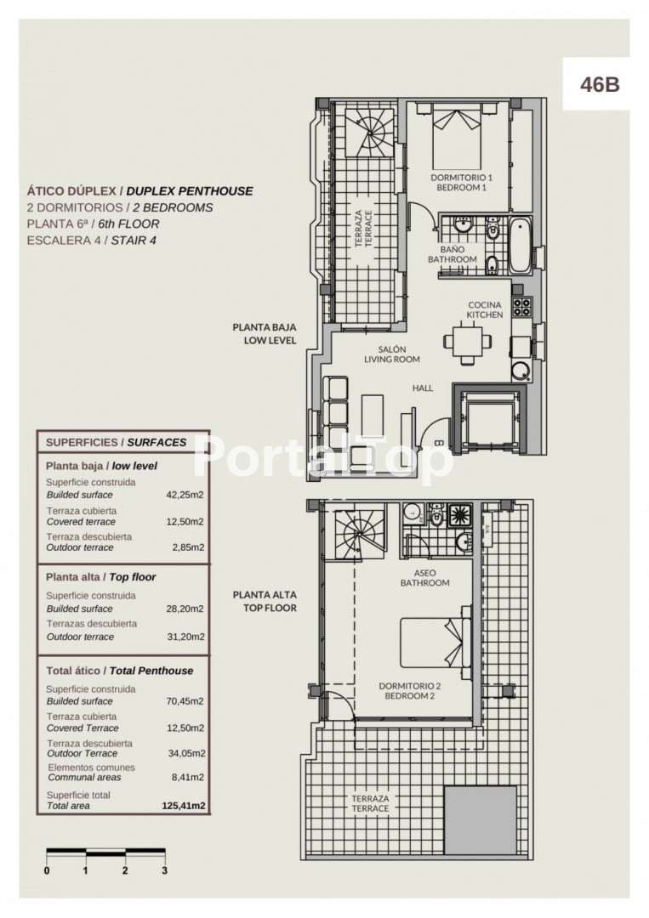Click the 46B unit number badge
point(599,84)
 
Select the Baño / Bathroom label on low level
point(452,253)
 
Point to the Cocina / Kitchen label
point(484,309)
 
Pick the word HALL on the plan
point(423,388)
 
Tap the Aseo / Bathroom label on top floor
point(425,578)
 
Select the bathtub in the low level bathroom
point(519,245)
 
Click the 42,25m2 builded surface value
point(190,494)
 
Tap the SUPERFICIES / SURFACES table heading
point(116,443)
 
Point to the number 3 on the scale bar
point(164,870)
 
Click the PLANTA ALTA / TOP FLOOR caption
point(265,602)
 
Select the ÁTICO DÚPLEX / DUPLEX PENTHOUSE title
point(140,191)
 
